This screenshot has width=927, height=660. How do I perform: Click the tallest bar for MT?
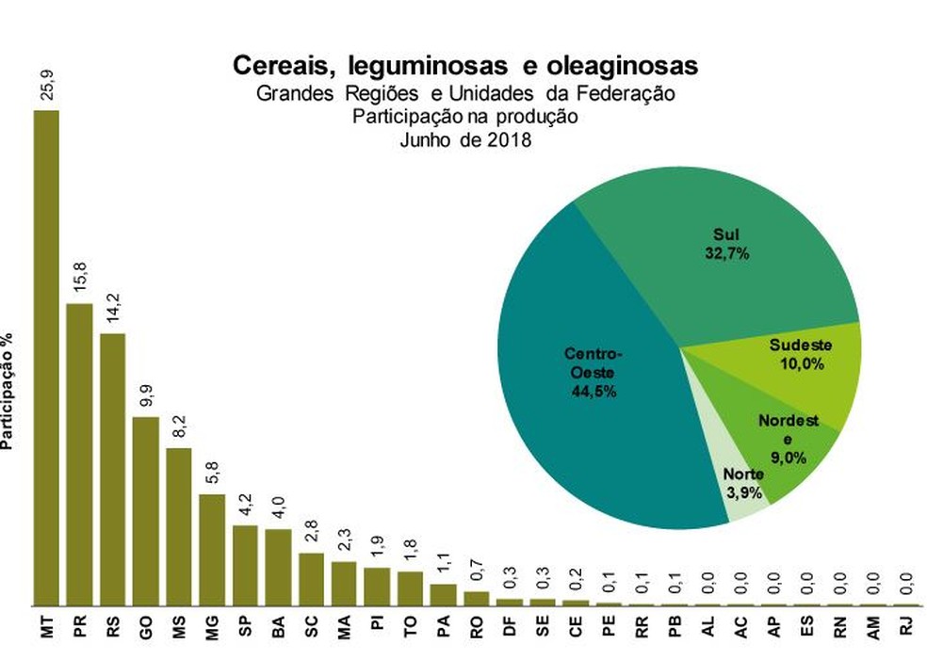coord(46,358)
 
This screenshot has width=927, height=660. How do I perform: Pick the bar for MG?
coord(212,550)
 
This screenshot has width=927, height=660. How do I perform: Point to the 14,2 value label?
coord(112,309)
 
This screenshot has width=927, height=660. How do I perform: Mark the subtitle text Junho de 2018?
coord(465,139)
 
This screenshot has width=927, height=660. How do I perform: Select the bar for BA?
coord(278,567)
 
